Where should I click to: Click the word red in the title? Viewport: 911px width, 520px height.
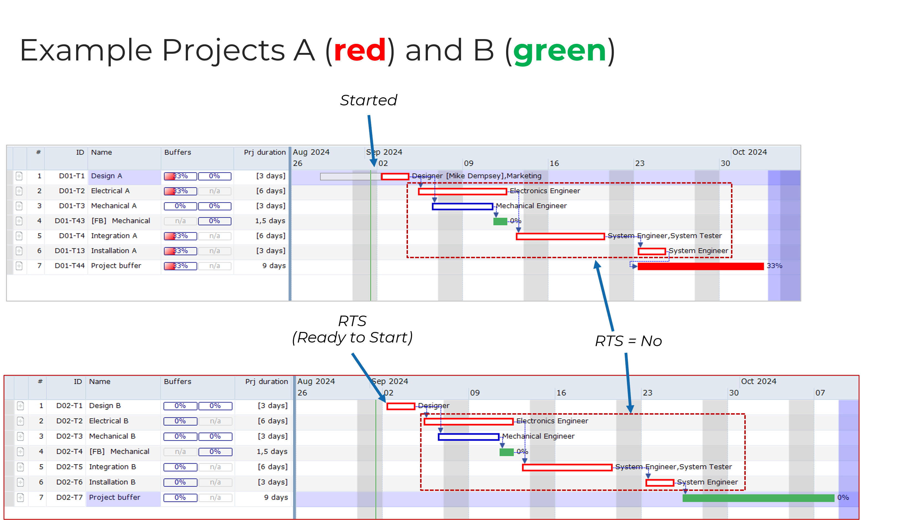coord(360,51)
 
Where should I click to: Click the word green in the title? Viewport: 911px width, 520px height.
coord(559,51)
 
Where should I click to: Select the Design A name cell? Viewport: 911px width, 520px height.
coord(106,176)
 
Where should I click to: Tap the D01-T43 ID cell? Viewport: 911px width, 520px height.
coord(70,221)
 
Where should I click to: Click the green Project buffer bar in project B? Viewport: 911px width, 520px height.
coord(758,498)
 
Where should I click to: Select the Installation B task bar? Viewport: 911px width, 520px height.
coord(659,483)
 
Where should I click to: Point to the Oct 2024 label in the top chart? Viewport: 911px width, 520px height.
coord(749,152)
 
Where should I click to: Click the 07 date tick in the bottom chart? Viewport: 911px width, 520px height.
coord(820,393)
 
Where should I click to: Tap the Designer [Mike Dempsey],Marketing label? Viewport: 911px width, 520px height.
coord(476,176)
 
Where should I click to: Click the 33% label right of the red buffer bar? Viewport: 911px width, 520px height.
coord(774,266)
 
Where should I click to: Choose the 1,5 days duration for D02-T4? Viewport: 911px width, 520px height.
coord(272,452)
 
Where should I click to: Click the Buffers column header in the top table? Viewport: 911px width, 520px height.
coord(177,153)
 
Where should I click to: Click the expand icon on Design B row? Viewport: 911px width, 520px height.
coord(20,406)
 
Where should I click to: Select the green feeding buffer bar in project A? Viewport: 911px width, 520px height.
coord(500,221)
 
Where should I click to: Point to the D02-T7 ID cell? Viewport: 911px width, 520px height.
coord(69,498)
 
